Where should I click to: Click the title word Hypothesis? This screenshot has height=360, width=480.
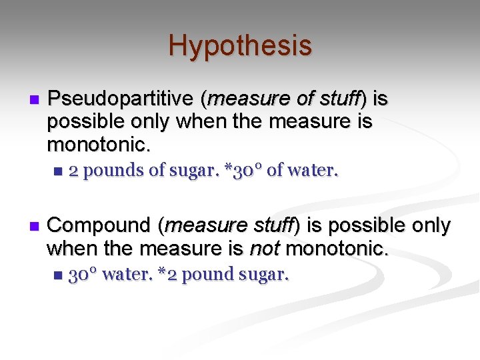pyautogui.click(x=240, y=45)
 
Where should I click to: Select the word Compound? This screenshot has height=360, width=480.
pyautogui.click(x=100, y=225)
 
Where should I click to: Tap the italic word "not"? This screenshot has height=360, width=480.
pyautogui.click(x=262, y=249)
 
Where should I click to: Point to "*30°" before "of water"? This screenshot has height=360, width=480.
pyautogui.click(x=243, y=171)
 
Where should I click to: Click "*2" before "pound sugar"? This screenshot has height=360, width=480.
pyautogui.click(x=167, y=274)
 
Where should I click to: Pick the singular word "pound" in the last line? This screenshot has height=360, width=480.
pyautogui.click(x=203, y=274)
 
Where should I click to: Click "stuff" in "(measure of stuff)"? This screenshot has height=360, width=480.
pyautogui.click(x=339, y=99)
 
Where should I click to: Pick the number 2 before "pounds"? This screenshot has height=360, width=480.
pyautogui.click(x=74, y=171)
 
